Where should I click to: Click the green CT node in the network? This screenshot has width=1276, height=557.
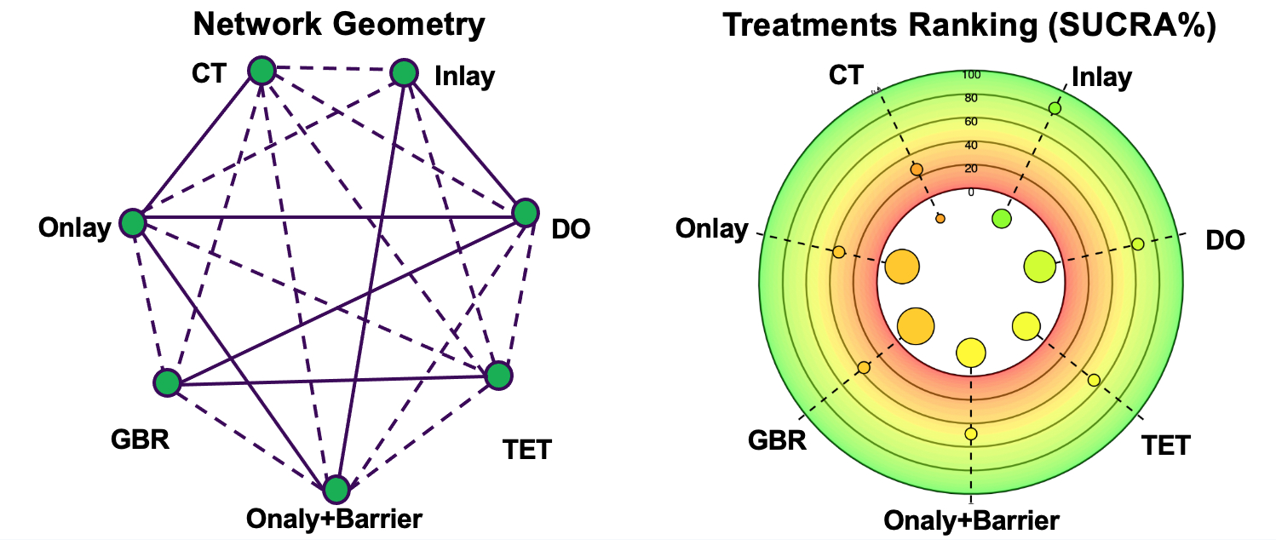[x=262, y=71]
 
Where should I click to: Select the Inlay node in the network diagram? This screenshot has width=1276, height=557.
[x=404, y=74]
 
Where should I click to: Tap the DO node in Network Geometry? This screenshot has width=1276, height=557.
[x=525, y=212]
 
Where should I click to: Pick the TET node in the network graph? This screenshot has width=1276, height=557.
[x=498, y=376]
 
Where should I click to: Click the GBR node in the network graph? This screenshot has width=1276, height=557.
[x=167, y=383]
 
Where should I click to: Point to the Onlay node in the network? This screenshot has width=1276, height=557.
[x=132, y=224]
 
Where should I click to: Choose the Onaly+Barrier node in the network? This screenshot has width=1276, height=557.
[x=336, y=490]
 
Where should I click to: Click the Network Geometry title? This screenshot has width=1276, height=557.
[x=339, y=23]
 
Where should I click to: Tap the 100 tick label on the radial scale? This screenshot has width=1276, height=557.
[x=971, y=75]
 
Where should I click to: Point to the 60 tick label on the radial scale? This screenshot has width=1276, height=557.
[x=971, y=122]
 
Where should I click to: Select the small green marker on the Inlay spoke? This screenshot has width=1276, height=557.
[x=1055, y=108]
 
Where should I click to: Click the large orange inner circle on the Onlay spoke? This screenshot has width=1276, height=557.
[x=903, y=267]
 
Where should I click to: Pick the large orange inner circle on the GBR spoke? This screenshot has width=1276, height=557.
[x=916, y=325]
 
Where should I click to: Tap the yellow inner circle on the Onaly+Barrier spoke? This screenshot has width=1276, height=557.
[x=971, y=352]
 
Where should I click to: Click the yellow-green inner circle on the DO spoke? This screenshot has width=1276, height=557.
[x=1039, y=267]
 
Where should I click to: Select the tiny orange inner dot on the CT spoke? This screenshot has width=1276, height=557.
[x=940, y=219]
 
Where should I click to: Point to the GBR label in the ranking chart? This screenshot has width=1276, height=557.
[x=777, y=441]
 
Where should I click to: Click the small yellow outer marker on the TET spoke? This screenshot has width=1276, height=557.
[x=1094, y=380]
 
